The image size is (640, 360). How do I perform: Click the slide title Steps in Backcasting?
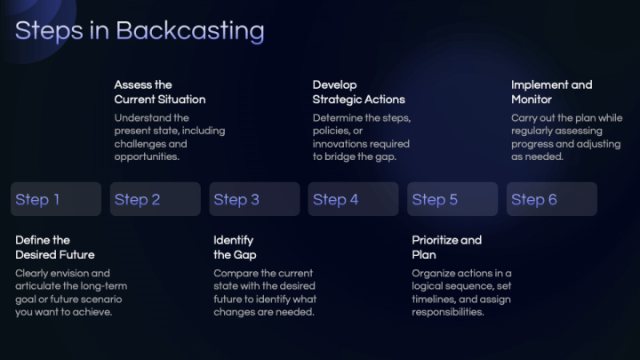click(x=140, y=31)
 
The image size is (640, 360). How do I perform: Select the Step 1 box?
click(x=56, y=199)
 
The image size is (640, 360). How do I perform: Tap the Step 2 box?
click(x=155, y=199)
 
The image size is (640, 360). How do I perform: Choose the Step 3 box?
click(x=254, y=199)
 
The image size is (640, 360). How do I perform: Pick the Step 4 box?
click(x=353, y=199)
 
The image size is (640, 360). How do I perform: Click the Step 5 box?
click(x=452, y=199)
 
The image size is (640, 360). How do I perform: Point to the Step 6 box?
click(x=551, y=199)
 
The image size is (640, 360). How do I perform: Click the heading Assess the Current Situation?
click(x=159, y=92)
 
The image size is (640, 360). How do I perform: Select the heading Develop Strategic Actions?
click(x=358, y=92)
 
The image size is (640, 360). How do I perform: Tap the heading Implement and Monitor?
click(x=551, y=92)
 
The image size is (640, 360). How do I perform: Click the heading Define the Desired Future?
click(x=55, y=247)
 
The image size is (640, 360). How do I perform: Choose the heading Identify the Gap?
click(x=235, y=247)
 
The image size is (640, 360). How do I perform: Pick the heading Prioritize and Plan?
click(x=446, y=247)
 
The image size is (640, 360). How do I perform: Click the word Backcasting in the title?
click(x=190, y=31)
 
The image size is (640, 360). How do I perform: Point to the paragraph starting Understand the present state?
click(x=169, y=137)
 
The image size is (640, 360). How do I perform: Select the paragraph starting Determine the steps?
click(x=361, y=137)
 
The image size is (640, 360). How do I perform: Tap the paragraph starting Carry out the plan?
click(x=565, y=137)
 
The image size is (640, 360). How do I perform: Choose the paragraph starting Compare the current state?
click(x=265, y=292)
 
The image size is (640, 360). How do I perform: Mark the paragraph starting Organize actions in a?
click(x=461, y=292)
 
